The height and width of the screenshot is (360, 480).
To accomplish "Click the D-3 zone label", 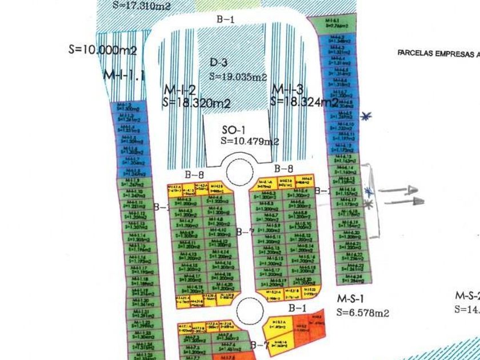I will pyautogui.click(x=219, y=63).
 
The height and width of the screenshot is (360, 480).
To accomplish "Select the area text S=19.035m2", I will pyautogui.click(x=238, y=76).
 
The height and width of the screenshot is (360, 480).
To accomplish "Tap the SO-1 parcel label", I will pyautogui.click(x=233, y=130).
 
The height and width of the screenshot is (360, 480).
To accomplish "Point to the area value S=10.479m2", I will pyautogui.click(x=250, y=141).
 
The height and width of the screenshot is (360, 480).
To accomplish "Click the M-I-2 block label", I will pyautogui.click(x=180, y=90).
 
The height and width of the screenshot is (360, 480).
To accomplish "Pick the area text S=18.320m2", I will pyautogui.click(x=197, y=103).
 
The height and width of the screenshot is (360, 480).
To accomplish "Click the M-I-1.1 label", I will pyautogui.click(x=125, y=74).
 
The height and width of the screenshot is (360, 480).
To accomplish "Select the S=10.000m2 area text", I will pyautogui.click(x=102, y=50).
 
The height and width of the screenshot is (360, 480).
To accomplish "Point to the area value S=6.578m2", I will pyautogui.click(x=363, y=313).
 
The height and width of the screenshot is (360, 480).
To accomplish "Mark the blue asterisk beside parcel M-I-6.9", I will pyautogui.click(x=366, y=116).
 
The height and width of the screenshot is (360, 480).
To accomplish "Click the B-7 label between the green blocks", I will pyautogui.click(x=245, y=231).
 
